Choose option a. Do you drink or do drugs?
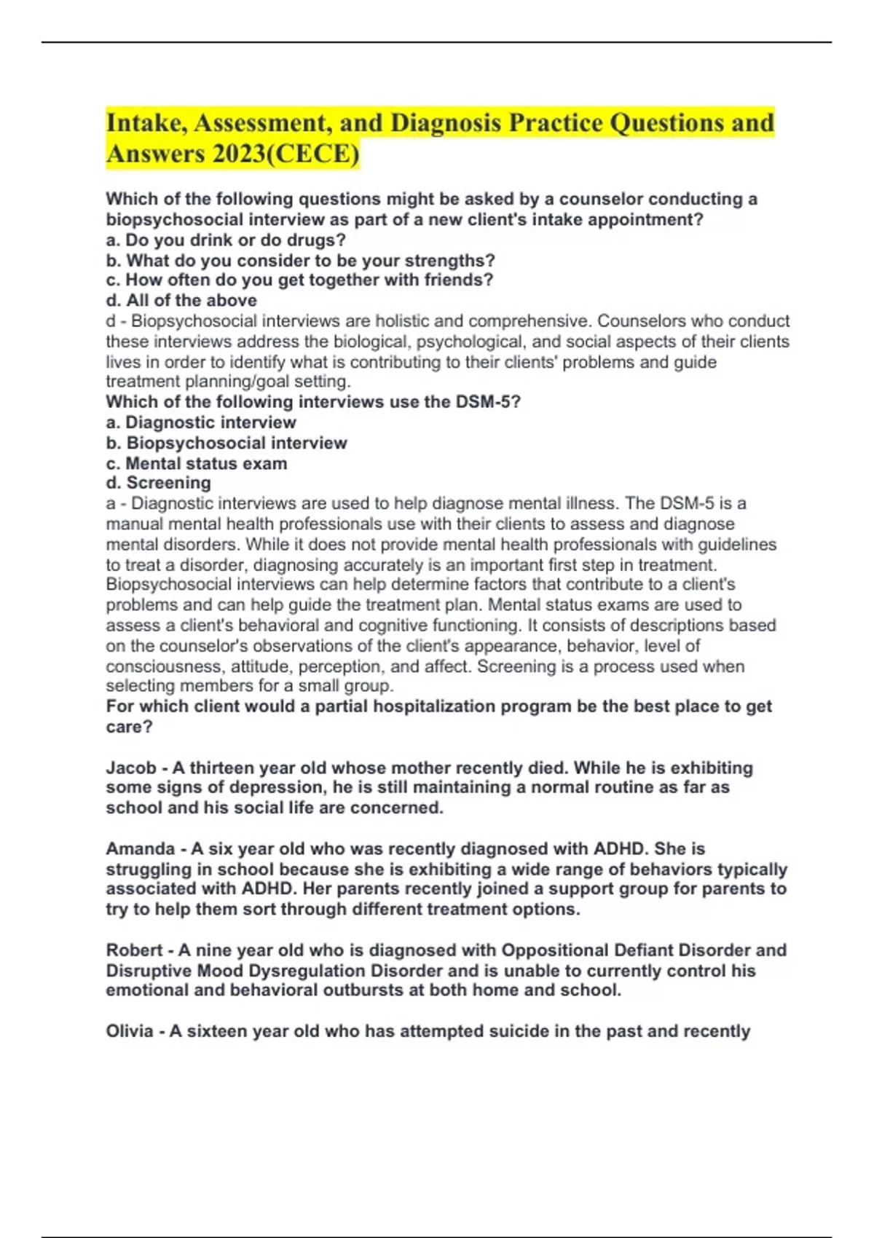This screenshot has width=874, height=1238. [x=226, y=240]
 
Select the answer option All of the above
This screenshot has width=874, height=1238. [x=181, y=301]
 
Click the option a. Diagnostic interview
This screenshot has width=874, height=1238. [x=201, y=422]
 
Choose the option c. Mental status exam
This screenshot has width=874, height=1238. [x=197, y=463]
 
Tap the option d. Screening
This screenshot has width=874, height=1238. [x=159, y=483]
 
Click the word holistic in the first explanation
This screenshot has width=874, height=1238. [x=398, y=321]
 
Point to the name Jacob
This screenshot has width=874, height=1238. [x=131, y=768]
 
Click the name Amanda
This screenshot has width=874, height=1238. [x=140, y=848]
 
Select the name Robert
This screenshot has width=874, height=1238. [x=134, y=950]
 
